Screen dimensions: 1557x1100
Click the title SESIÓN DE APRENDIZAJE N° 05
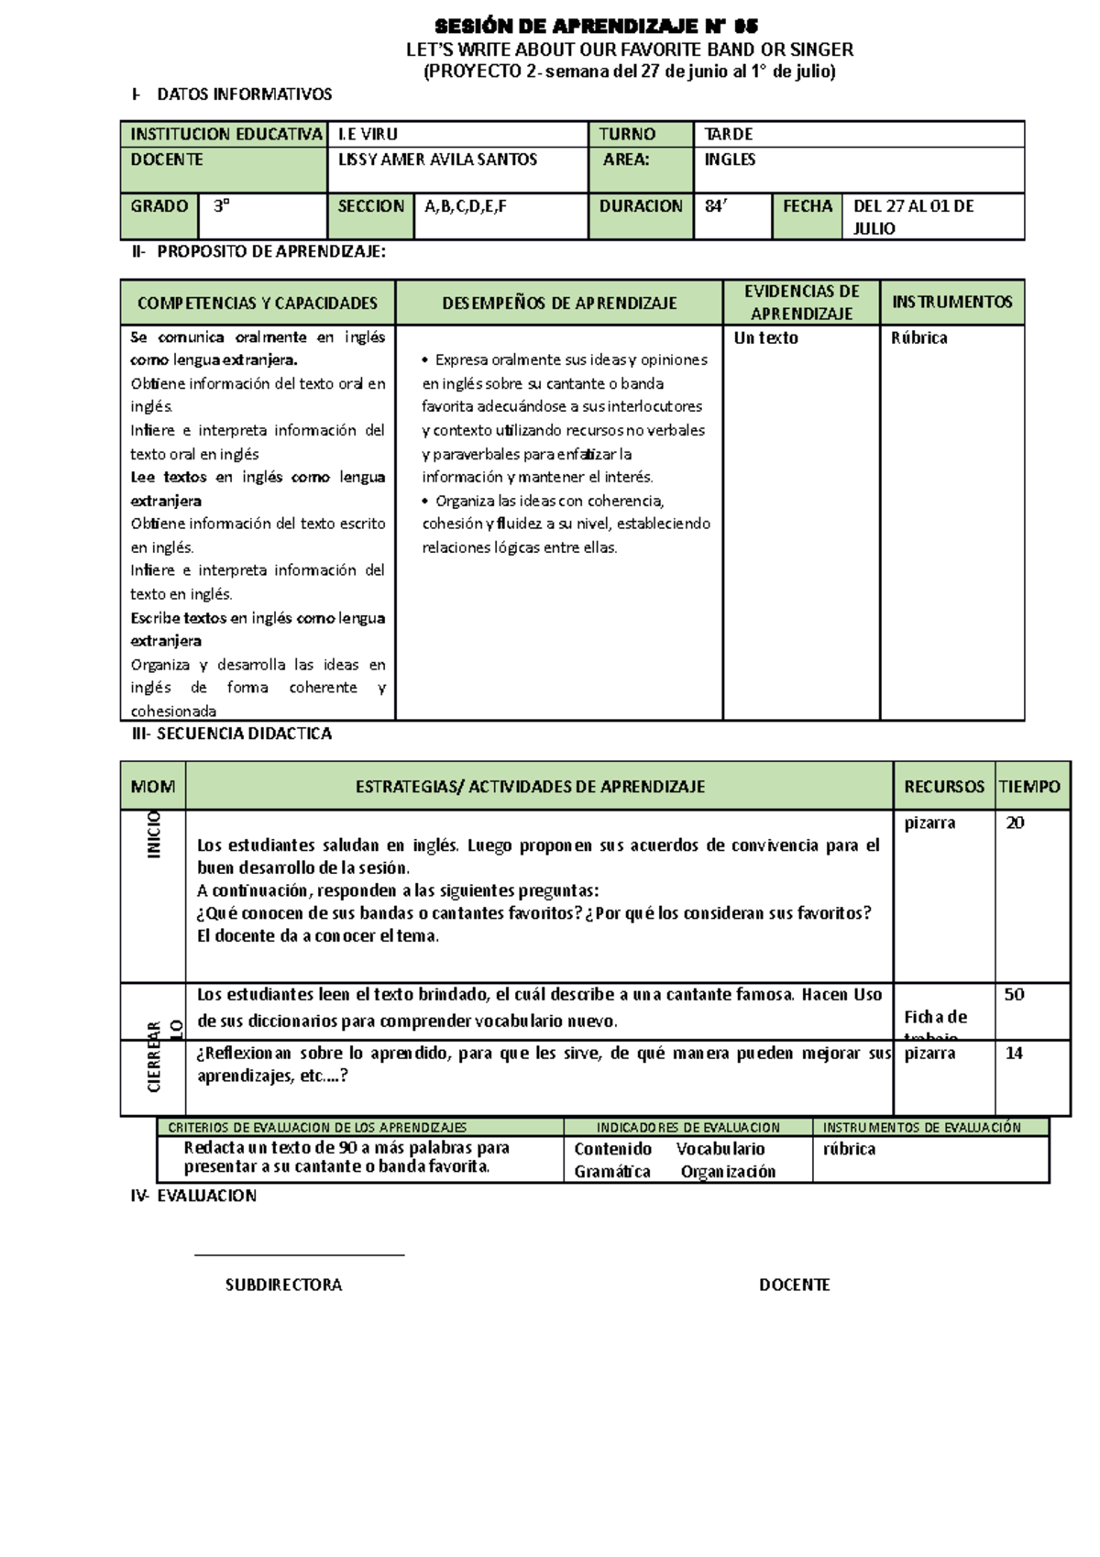[596, 26]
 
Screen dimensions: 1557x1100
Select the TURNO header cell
[627, 134]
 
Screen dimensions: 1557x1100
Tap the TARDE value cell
[728, 134]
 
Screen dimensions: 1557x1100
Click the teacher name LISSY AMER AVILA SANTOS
[437, 160]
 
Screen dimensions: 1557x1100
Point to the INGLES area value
[730, 160]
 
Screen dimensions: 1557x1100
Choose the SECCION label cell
[370, 206]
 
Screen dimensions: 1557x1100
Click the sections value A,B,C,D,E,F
[466, 206]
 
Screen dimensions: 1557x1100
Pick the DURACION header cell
[641, 206]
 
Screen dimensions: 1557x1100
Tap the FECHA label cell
[808, 206]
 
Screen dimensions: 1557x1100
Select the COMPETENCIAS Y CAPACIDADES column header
[258, 303]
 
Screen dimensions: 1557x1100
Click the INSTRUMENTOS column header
[951, 302]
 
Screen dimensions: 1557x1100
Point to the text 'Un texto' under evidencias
[765, 337]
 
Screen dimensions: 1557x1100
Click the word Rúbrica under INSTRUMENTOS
[918, 337]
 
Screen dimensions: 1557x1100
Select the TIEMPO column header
[1029, 787]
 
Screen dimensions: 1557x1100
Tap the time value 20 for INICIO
[1015, 823]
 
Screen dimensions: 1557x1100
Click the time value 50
[1014, 995]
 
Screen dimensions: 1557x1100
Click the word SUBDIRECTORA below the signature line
[283, 1286]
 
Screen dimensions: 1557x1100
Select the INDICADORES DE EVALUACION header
[687, 1128]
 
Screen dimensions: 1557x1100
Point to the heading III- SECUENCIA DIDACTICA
[232, 734]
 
